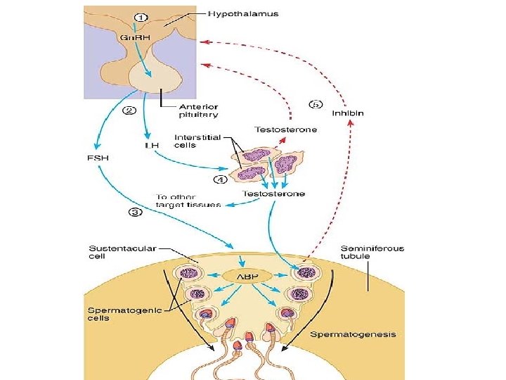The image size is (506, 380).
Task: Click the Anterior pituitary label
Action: tap(195, 110)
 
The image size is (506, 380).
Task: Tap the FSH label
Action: tap(98, 158)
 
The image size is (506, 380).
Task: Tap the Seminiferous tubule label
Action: tap(372, 252)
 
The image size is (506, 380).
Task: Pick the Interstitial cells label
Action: tap(197, 141)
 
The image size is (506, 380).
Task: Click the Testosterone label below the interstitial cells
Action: tap(273, 194)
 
